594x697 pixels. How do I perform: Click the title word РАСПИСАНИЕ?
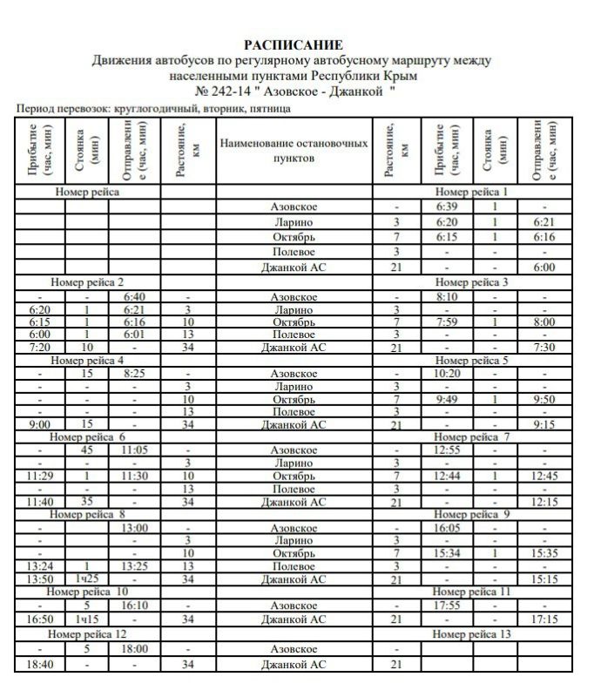pos(294,44)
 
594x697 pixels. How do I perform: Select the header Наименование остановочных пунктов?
pos(294,151)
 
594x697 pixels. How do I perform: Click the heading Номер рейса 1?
pos(470,192)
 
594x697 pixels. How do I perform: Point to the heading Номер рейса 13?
pos(471,634)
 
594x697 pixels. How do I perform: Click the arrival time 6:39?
pos(446,206)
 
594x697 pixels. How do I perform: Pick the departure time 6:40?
pos(133,296)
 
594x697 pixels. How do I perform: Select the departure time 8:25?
pos(133,373)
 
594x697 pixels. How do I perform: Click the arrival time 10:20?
pos(448,373)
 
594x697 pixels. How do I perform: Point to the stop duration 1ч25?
pos(87,579)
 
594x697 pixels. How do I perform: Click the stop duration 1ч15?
pos(87,619)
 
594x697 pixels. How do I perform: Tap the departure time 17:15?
pos(543,619)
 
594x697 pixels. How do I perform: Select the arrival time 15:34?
pos(448,552)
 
